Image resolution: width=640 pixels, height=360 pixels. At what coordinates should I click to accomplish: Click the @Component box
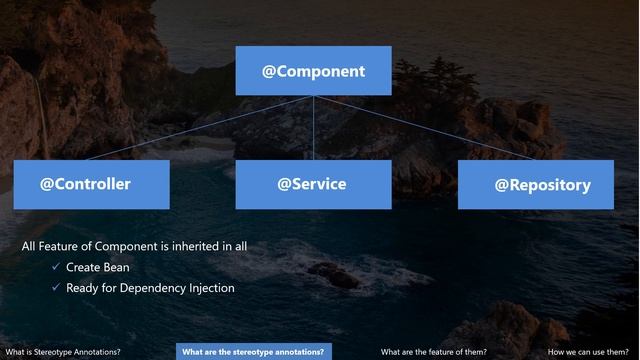(x=313, y=71)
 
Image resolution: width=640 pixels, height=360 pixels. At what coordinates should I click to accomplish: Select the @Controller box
(x=85, y=184)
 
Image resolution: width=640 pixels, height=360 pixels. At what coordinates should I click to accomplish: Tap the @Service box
(x=312, y=184)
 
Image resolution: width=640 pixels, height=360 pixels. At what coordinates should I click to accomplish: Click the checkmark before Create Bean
(x=56, y=267)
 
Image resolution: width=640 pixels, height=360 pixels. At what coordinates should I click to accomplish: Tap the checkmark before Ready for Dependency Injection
(x=56, y=288)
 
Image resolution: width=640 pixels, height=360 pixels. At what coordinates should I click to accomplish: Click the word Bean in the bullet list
(x=116, y=268)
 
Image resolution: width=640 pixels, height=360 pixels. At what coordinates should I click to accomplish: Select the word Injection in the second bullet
(x=209, y=288)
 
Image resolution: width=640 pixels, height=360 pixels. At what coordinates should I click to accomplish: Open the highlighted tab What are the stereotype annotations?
(x=253, y=352)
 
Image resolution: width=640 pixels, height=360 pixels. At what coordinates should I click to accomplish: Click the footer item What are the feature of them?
(x=434, y=352)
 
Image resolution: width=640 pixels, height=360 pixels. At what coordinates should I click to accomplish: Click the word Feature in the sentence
(x=63, y=245)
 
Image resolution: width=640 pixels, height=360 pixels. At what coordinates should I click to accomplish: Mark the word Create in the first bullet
(x=83, y=268)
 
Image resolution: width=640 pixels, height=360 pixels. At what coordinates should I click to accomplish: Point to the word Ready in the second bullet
(x=83, y=288)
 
